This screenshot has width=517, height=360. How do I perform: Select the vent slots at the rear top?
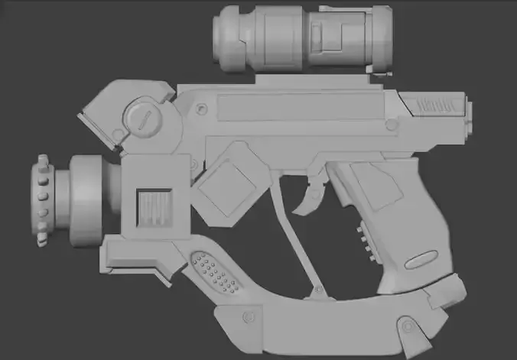(x=437, y=105)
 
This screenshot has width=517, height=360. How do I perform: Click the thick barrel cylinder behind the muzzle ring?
(x=86, y=201)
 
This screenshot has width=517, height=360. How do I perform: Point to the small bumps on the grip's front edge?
(x=363, y=237)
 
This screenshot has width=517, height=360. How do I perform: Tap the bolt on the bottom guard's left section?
(x=249, y=316)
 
